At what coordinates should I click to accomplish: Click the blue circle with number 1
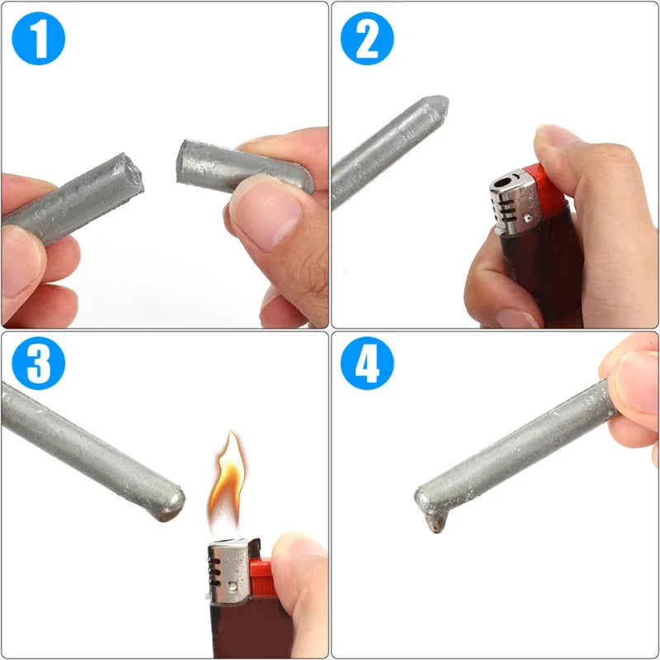click(x=38, y=38)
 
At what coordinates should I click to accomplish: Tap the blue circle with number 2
click(x=367, y=38)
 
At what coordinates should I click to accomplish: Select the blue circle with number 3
click(x=38, y=363)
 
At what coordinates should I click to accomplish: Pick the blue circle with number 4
click(x=367, y=363)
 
